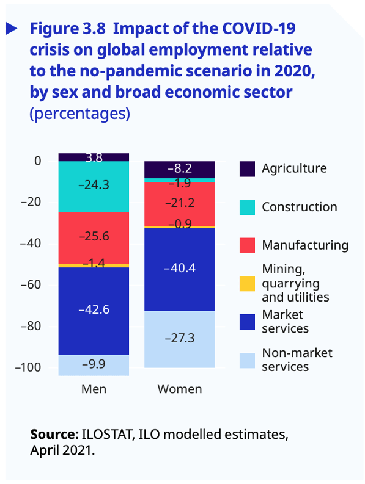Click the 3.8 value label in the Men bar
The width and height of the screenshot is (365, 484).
pos(94,157)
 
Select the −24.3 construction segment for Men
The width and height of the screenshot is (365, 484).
pos(94,184)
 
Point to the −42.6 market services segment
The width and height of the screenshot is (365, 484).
pos(94,309)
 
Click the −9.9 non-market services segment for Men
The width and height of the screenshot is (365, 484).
pos(94,365)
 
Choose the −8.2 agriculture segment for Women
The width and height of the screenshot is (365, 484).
pos(180,168)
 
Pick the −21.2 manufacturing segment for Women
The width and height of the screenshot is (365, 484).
pos(180,203)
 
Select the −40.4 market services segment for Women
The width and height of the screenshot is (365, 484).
pos(180,268)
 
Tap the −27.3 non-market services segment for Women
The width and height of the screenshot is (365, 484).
pos(180,338)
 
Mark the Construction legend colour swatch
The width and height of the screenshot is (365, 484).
pos(247,208)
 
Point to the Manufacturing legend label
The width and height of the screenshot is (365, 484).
pos(305,245)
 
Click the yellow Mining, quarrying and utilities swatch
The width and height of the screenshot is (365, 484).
pos(247,283)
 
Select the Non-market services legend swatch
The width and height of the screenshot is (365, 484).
pos(247,360)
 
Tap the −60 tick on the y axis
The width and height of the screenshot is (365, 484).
pos(31,284)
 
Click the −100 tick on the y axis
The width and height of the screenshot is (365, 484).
pos(28,367)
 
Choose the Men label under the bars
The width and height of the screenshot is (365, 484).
pos(94,389)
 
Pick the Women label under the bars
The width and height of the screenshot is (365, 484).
pos(180,389)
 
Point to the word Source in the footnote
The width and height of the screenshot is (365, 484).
pos(53,435)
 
